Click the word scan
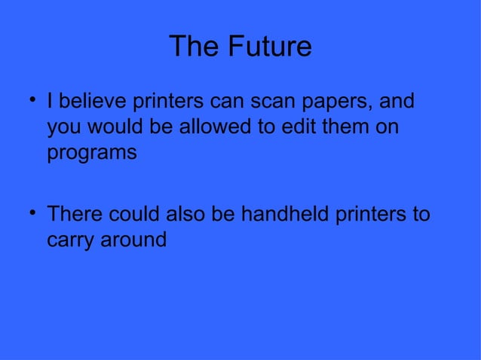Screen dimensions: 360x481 pyautogui.click(x=271, y=101)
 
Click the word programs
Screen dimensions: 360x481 pyautogui.click(x=92, y=154)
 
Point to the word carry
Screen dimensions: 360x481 pyautogui.click(x=72, y=242)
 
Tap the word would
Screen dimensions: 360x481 pyautogui.click(x=113, y=127)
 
